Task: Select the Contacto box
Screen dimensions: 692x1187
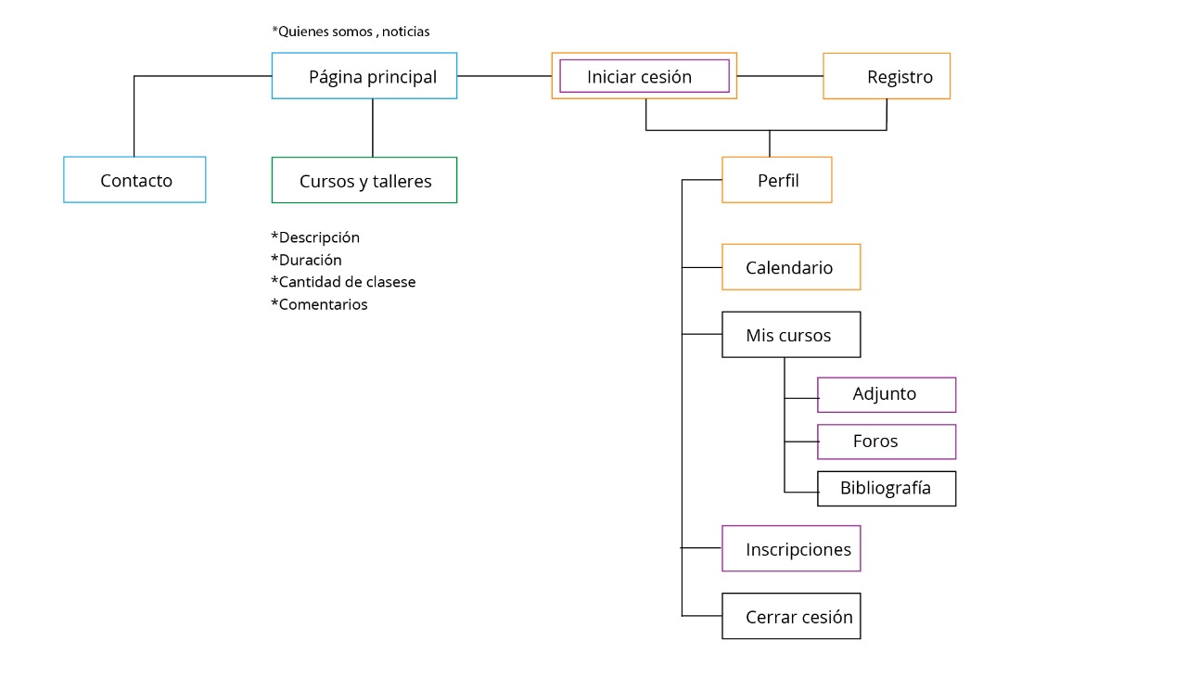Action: coord(134,180)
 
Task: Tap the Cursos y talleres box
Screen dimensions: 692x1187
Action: coord(364,181)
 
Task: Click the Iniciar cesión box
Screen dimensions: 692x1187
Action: coord(644,76)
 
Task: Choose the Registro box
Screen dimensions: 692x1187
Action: coord(887,77)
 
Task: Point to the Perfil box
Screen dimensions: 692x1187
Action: coord(777,180)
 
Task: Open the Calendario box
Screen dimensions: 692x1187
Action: coord(791,267)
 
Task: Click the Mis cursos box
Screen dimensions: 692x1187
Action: coord(791,335)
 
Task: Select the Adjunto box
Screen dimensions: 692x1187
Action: coord(886,394)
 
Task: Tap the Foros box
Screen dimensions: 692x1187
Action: coord(886,442)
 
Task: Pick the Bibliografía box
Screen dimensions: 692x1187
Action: coord(886,489)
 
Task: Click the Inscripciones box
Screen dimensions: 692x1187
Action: coord(791,549)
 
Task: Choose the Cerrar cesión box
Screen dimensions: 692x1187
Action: coord(791,617)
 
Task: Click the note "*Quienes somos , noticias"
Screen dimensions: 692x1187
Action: coord(351,32)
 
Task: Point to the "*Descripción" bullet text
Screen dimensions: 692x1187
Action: coord(315,237)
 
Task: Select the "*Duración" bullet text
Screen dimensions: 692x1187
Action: coord(306,260)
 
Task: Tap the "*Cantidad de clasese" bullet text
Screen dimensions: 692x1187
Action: coord(343,282)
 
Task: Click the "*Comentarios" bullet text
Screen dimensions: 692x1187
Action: coord(319,304)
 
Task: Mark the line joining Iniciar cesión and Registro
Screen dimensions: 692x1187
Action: coord(780,75)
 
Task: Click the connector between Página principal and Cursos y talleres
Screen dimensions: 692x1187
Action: coord(373,128)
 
